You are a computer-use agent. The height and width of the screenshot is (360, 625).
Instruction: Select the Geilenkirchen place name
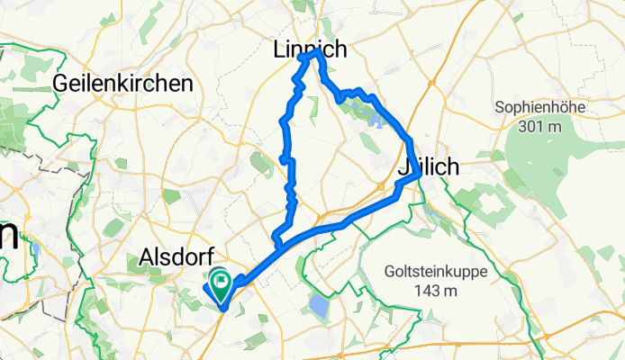[123, 83]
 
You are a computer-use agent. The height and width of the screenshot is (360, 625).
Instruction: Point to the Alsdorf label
[176, 259]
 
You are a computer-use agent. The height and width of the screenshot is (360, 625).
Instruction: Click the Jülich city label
[429, 167]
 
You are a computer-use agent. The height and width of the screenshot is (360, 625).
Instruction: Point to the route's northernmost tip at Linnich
[316, 53]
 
